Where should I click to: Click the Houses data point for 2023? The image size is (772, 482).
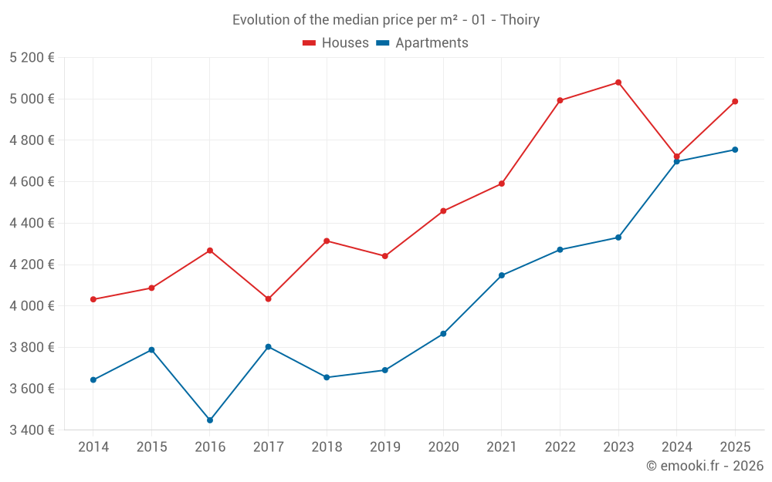618,83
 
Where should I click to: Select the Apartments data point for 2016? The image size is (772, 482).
210,420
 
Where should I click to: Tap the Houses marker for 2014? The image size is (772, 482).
93,299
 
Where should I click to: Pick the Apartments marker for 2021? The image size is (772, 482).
502,275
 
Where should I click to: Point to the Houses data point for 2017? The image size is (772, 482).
268,298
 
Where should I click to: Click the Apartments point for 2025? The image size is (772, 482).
735,150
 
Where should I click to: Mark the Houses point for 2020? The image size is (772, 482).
443,211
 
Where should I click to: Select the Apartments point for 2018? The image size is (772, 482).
327,377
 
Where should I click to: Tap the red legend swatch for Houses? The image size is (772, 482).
310,43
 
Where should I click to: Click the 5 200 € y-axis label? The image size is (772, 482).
32,58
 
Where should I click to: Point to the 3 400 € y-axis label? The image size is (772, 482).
32,430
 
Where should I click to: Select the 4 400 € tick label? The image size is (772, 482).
32,224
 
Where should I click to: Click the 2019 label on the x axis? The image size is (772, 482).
384,447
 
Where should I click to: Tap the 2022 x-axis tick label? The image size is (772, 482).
560,447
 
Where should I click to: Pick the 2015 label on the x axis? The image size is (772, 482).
151,447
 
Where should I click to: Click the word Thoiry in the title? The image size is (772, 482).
520,20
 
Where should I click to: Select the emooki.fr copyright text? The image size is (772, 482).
705,466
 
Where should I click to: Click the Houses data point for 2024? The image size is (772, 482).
677,157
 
